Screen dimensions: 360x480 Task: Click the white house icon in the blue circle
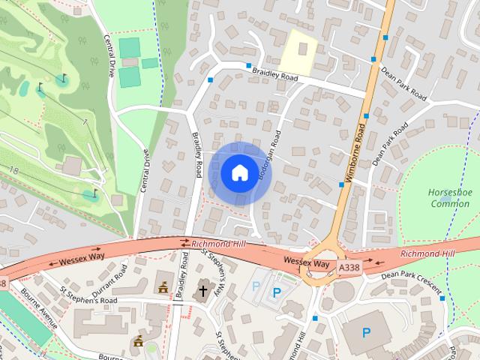pos(238,172)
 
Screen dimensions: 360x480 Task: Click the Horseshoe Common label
pos(448,197)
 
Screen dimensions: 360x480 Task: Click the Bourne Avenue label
pos(39,308)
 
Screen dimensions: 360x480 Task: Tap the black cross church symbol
pos(202,290)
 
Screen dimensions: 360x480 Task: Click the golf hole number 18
pos(14,172)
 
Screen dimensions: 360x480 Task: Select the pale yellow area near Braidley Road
pos(299,52)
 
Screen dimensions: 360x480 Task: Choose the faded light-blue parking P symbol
pos(256,286)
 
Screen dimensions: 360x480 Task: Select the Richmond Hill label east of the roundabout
pos(427,254)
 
